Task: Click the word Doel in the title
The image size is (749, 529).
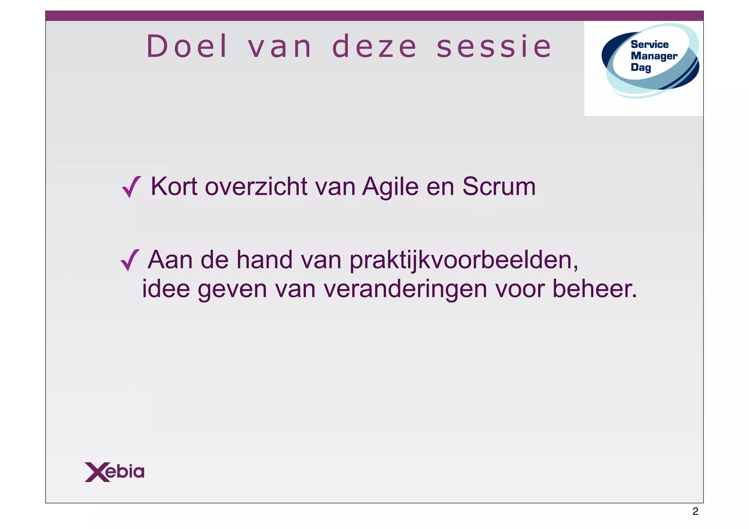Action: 187,46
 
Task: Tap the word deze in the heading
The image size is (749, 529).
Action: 374,47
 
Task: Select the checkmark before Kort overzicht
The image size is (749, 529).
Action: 131,187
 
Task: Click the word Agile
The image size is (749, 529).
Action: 390,187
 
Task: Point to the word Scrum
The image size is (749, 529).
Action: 499,187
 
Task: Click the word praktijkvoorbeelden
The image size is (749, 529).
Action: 464,260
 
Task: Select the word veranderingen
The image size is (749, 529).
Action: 405,289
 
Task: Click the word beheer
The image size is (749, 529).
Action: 595,289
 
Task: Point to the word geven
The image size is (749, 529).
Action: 233,289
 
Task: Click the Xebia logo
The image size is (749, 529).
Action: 114,472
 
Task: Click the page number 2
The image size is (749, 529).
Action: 695,511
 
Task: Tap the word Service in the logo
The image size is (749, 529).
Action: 650,45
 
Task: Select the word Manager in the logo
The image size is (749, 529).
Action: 654,56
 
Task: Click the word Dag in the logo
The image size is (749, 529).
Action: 641,67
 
